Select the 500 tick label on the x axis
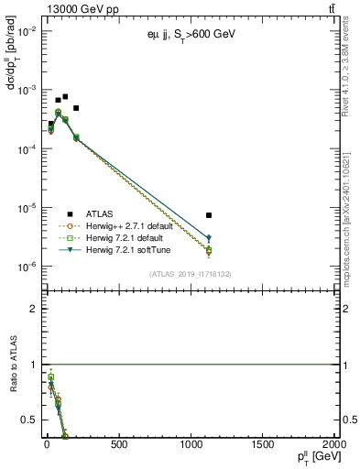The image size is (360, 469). pyautogui.click(x=118, y=444)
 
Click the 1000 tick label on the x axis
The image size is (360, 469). pyautogui.click(x=191, y=444)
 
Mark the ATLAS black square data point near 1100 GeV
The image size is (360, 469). pyautogui.click(x=209, y=215)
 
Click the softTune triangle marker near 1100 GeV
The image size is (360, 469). pyautogui.click(x=209, y=238)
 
